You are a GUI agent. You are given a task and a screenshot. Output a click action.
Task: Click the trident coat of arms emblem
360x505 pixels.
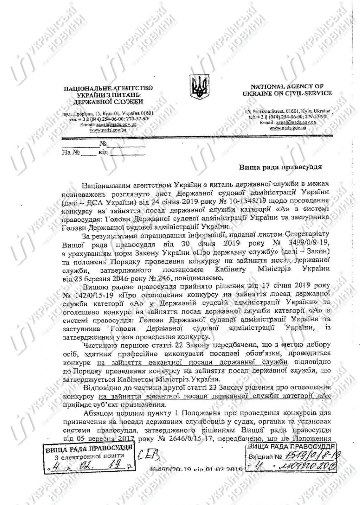197,87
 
